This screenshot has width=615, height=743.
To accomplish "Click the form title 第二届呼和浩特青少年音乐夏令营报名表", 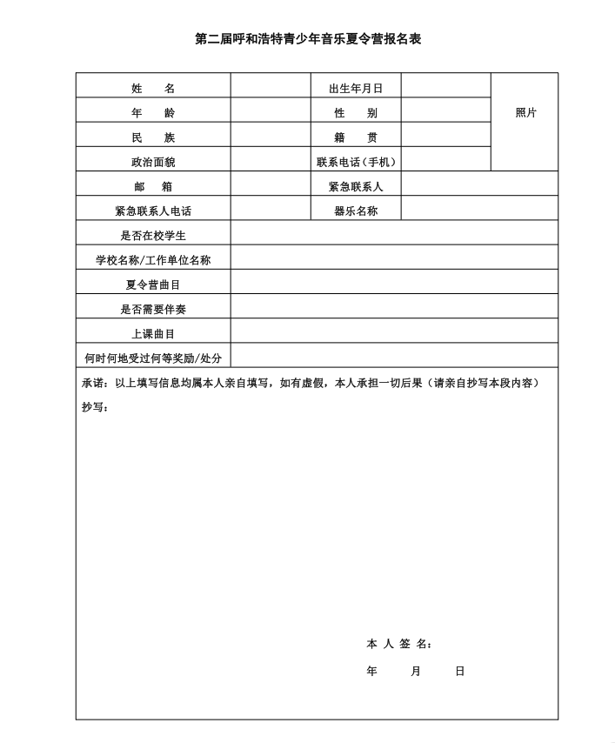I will (307, 40).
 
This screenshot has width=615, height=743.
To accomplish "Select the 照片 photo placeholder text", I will (525, 113).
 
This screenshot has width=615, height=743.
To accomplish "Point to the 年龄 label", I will (153, 113).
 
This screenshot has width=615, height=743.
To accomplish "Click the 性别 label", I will (356, 113).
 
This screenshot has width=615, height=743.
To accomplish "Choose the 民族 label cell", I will (153, 137).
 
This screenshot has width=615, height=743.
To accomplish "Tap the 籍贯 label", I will (356, 137).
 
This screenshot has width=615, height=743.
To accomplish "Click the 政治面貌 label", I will (153, 162).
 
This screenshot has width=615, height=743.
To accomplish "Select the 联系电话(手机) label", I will (356, 162).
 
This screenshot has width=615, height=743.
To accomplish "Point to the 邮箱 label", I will (153, 186).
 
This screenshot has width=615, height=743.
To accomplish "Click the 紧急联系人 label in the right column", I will (356, 186).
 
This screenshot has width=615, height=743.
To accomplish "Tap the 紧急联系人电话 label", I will (153, 211).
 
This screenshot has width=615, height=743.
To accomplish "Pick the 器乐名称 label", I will (356, 211).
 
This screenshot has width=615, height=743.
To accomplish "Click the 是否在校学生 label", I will (153, 235).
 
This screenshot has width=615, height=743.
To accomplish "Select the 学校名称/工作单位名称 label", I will (153, 259).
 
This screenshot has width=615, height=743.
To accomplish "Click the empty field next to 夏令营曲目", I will (393, 283).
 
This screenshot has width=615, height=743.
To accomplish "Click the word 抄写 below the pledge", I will (95, 407).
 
